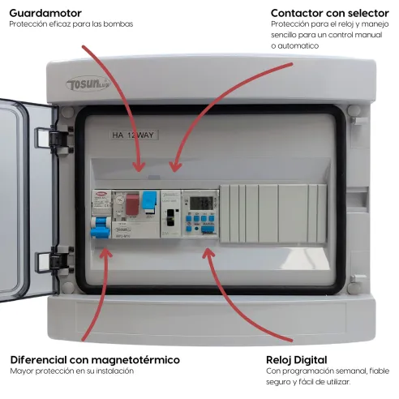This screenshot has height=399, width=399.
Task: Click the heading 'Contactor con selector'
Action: pos(328,13)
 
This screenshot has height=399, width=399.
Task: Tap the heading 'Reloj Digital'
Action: pos(296,359)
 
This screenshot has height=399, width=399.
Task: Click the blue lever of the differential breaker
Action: pos(101,232)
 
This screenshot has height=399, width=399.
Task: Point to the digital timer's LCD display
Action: pos(199,204)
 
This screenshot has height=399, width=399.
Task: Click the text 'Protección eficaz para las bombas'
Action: pos(71,24)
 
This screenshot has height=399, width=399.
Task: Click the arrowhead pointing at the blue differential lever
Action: pos(106,252)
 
